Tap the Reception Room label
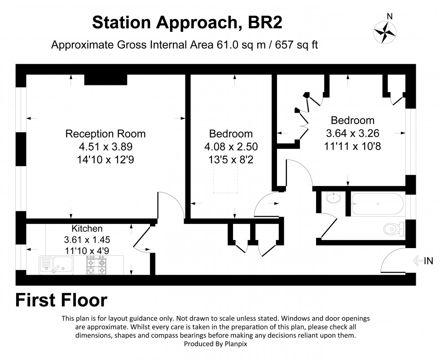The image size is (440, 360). pos(106,133)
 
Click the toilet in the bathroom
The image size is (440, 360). pos(395,229)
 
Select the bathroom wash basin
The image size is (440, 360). pos(333,198)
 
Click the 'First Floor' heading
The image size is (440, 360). pos(62,300)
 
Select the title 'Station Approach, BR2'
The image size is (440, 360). pos(187,22)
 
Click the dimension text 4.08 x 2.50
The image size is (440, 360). pos(231,147)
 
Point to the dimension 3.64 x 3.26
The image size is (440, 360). pos(352,133)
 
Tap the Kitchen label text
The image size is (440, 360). pos(87,229)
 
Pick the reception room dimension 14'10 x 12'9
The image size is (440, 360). pos(106,159)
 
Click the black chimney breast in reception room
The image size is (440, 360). pos(106,79)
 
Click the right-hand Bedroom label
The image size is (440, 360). pos(352,120)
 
